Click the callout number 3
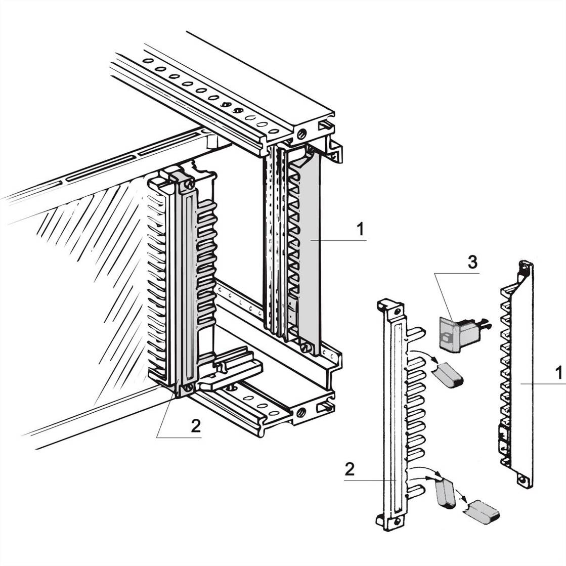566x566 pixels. (x=471, y=262)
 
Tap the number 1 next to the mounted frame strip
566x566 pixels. (x=360, y=230)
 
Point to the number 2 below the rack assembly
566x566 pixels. (x=195, y=426)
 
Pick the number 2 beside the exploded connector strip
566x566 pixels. (x=350, y=469)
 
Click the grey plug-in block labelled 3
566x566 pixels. (x=458, y=333)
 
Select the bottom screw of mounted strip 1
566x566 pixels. (x=304, y=348)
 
